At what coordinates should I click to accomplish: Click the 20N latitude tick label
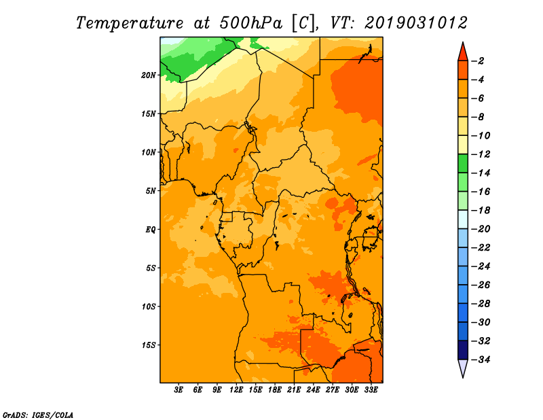(x=149, y=75)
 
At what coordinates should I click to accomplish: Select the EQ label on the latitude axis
(x=151, y=230)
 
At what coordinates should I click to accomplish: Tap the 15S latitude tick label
(x=149, y=345)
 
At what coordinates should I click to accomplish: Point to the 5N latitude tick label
(x=151, y=191)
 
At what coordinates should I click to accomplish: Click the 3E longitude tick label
(x=179, y=389)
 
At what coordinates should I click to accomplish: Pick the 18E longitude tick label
(x=275, y=389)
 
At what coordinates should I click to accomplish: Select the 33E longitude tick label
(x=371, y=389)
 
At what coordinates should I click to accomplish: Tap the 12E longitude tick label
(x=236, y=389)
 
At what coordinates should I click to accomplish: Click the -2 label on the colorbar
(x=478, y=61)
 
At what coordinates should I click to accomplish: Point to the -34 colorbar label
(x=481, y=360)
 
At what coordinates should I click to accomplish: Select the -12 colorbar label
(x=481, y=154)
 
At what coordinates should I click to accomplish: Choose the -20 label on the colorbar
(x=481, y=229)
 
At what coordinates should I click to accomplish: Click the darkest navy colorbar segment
(x=463, y=350)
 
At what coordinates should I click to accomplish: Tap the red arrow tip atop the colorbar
(x=463, y=43)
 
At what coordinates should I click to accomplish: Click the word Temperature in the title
(x=130, y=23)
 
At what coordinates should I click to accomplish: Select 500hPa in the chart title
(x=251, y=23)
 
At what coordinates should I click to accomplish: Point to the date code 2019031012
(x=416, y=23)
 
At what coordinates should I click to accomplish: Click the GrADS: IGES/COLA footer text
(x=38, y=415)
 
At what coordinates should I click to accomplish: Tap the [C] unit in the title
(x=303, y=24)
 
